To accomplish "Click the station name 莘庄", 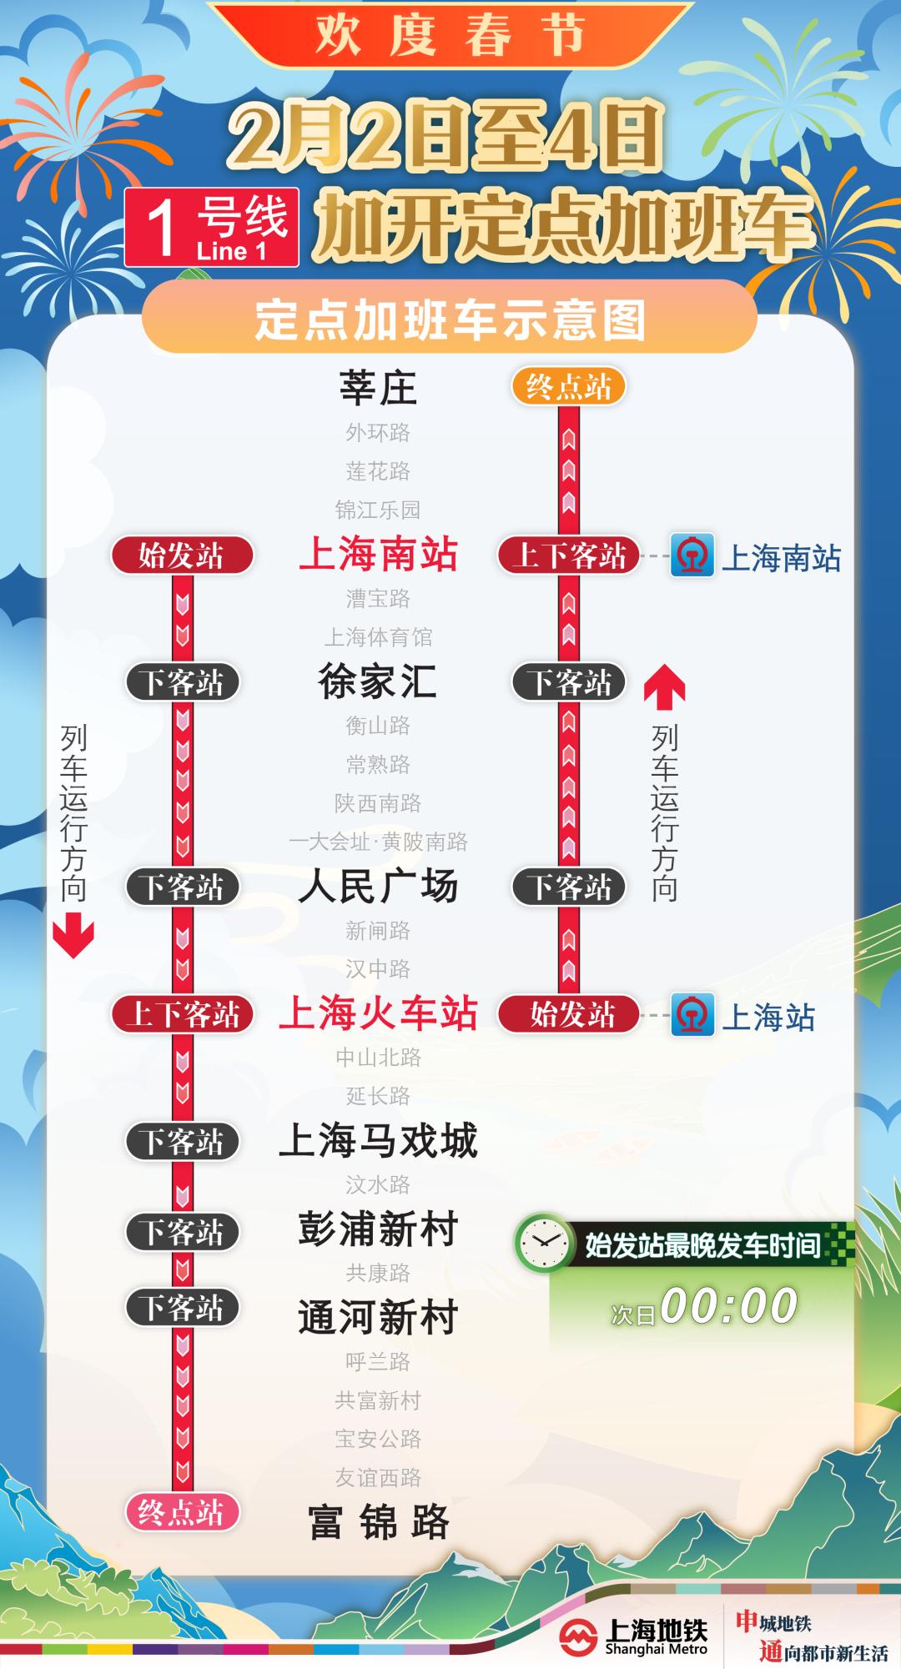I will pos(378,388).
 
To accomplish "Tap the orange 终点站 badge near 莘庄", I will pos(568,387).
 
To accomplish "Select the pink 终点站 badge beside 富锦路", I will pos(182,1512).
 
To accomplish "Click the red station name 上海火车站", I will pos(378,1014).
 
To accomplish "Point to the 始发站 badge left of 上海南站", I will pos(182,555).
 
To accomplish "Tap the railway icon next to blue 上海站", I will pos(692,1015).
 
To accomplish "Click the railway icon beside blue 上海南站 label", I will pos(692,555).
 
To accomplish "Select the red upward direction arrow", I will pos(664,685).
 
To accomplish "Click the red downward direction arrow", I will pos(73,935).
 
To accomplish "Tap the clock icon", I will pos(543,1244).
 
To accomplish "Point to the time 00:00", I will pos(728,1306).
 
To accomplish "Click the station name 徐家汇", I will pos(378,681).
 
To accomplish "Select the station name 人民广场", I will pos(378,886).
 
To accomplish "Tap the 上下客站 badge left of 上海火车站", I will pos(182,1014).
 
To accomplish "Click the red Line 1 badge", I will pos(212,228).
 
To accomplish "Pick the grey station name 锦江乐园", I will pos(378,510).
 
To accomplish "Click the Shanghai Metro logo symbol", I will pos(578,1636).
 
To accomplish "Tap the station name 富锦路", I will pos(378,1522).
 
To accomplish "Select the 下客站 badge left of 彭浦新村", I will pos(182,1232).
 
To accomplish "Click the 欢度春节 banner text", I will pos(450,35).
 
